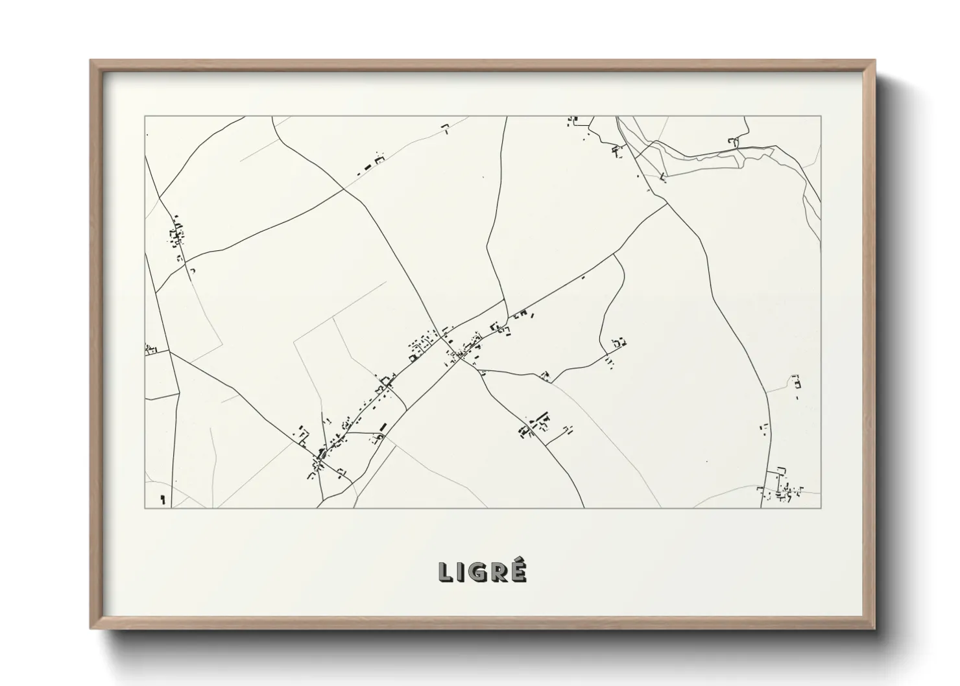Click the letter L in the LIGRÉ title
click(x=446, y=572)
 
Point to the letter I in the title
click(x=461, y=572)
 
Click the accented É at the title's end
click(x=518, y=571)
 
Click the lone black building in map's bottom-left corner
click(x=162, y=499)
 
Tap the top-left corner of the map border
click(x=145, y=117)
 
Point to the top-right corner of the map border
click(x=821, y=117)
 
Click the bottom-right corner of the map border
click(x=821, y=508)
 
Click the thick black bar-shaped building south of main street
click(x=383, y=427)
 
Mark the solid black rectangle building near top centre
click(x=369, y=167)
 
